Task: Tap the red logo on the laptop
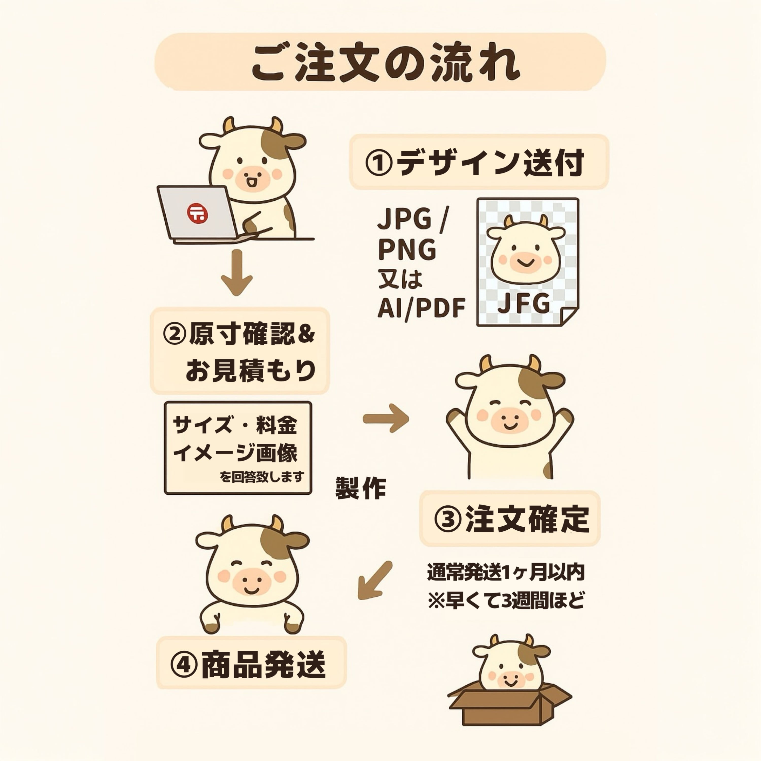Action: click(x=198, y=213)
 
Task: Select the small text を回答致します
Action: click(x=262, y=477)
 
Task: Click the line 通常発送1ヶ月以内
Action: click(x=506, y=572)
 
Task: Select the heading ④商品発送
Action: click(x=248, y=665)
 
